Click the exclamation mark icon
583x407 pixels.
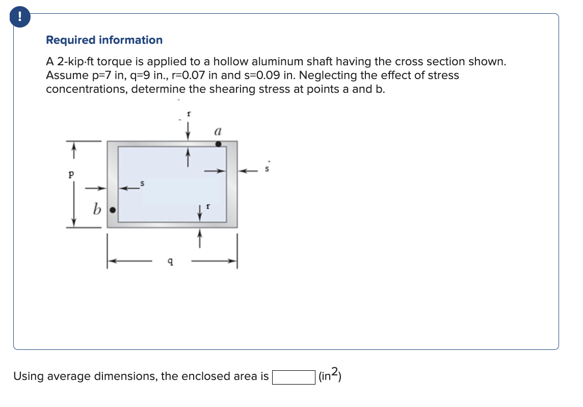[x=19, y=17]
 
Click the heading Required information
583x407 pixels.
[x=104, y=40]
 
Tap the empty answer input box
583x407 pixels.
[x=293, y=377]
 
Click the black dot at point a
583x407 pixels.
[x=219, y=144]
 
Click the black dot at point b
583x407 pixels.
[x=114, y=210]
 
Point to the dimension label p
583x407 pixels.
[x=71, y=173]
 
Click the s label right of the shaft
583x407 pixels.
[x=267, y=169]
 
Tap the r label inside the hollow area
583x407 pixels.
[x=207, y=208]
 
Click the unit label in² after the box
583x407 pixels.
[x=329, y=376]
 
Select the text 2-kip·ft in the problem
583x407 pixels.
[x=74, y=62]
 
